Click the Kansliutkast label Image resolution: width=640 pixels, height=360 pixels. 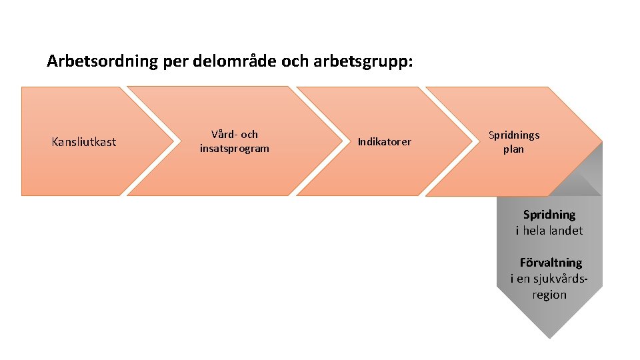pos(84,141)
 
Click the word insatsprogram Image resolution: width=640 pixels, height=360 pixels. pos(235,149)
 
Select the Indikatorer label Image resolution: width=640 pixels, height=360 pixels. pos(385,141)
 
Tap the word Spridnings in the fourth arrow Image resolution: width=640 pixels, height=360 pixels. pos(514,135)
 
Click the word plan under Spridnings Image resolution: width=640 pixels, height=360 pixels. pos(513,149)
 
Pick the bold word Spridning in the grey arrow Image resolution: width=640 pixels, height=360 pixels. pos(549,215)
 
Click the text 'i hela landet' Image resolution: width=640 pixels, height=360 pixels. pos(549,231)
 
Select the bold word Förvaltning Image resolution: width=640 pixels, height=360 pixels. pos(551,263)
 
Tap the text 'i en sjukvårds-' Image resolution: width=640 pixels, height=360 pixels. pos(549,279)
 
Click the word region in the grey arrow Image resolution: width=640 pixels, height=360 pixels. pos(549,295)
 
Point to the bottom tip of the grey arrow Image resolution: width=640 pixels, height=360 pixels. pos(549,337)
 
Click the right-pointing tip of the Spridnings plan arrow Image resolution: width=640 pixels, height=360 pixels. pos(601,141)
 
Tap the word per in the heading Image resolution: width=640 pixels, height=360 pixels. pos(176,62)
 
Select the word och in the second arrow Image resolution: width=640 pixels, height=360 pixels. pos(249,135)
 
